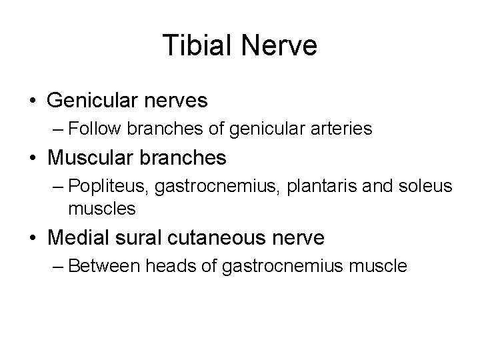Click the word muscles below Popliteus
101,209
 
